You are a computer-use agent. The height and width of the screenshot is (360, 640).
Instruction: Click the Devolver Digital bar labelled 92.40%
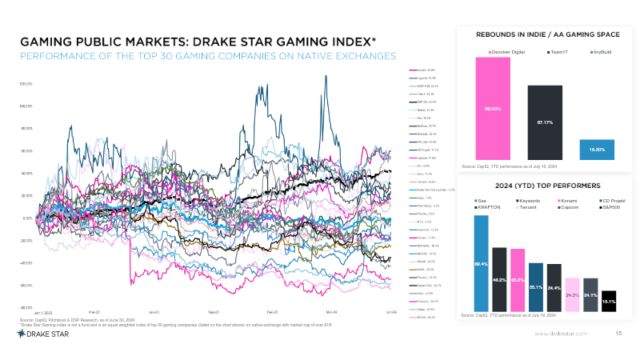tap(493, 108)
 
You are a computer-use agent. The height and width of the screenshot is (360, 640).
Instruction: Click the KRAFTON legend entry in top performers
tap(487, 207)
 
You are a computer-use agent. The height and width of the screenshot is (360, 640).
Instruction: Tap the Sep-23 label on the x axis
tap(214, 310)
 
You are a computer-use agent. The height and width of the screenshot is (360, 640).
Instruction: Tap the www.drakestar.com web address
tap(560, 333)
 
